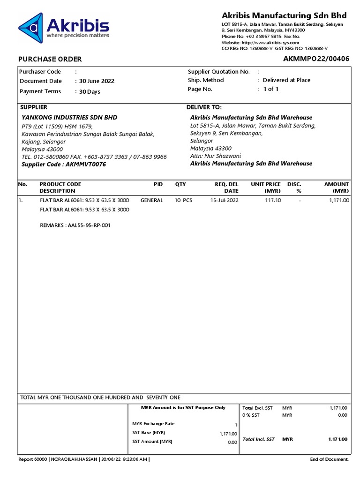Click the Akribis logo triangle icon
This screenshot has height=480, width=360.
pos(31,27)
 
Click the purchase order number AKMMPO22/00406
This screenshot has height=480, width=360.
pos(316,59)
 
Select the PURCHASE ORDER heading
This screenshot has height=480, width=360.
pos(50,59)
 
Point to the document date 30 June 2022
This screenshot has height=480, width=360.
pos(97,81)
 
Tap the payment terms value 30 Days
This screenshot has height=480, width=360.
pos(90,92)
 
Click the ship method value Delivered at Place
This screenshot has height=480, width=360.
pos(286,80)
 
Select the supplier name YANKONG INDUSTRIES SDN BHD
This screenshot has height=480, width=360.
pos(69,118)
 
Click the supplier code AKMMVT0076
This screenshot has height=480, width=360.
pos(86,165)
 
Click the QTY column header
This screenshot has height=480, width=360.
pos(180,184)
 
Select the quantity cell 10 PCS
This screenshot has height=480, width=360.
pos(183,200)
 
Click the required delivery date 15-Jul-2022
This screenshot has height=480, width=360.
pos(225,200)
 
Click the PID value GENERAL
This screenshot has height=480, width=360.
pos(151,200)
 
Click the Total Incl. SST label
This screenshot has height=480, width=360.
pos(258,439)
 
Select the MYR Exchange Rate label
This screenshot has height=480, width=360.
pos(153,424)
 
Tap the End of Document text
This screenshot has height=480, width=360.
pos(329,459)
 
